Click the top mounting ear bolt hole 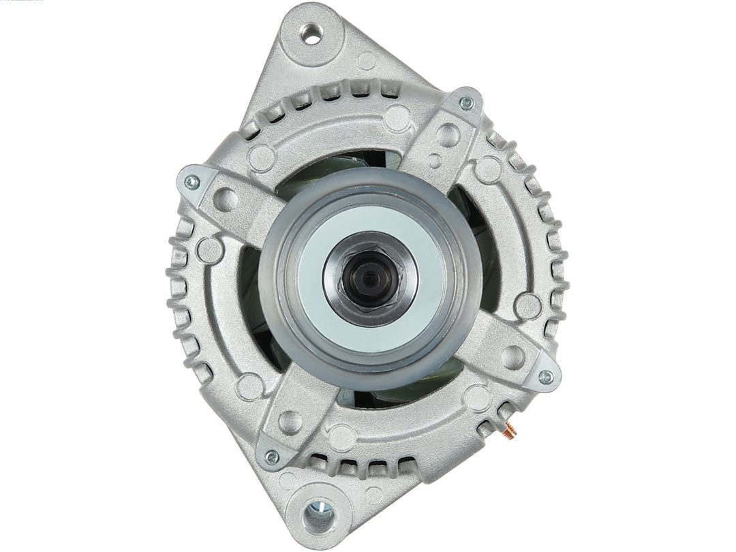[313, 34]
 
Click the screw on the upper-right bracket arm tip [466, 104]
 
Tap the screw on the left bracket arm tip [191, 181]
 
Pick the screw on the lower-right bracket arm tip [545, 376]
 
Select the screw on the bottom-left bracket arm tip [272, 457]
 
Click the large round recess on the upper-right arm [447, 134]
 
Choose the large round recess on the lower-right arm [512, 356]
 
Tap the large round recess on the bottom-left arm [290, 422]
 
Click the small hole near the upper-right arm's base [434, 161]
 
